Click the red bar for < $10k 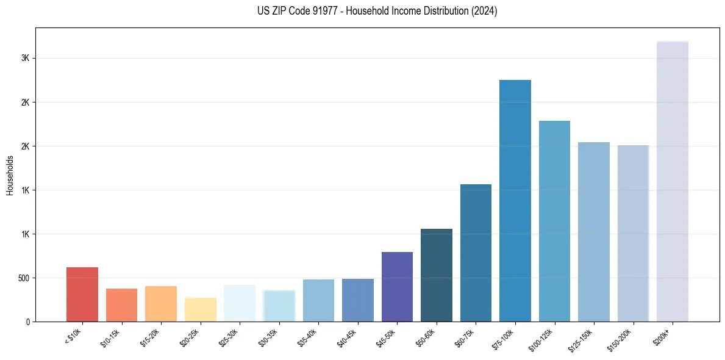[82, 294]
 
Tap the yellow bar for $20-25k [201, 309]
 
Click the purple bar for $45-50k [397, 287]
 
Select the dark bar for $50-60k [437, 275]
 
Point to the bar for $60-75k [476, 253]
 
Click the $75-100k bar [515, 201]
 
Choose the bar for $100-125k [554, 221]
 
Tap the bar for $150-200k [633, 233]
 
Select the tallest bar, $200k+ [673, 181]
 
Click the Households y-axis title [10, 175]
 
